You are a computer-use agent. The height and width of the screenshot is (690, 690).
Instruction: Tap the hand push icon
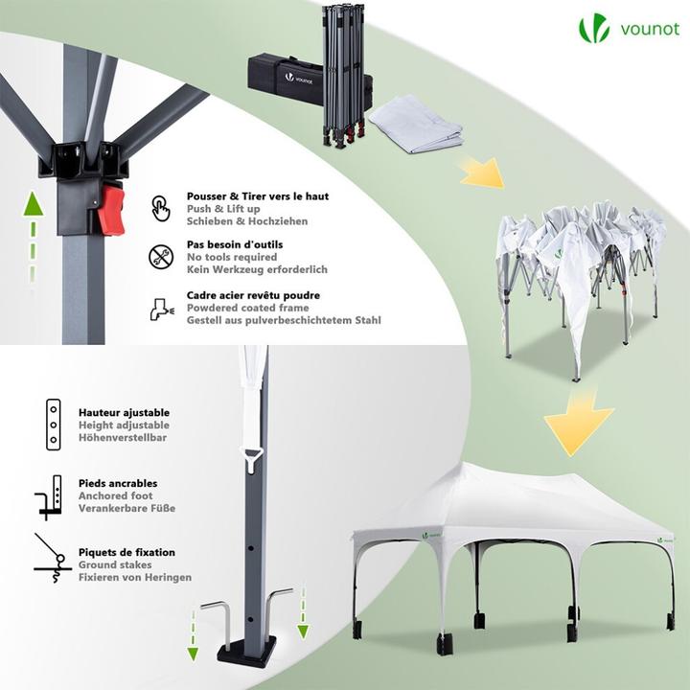click(x=160, y=208)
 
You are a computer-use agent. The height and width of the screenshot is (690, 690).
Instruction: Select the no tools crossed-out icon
click(x=160, y=257)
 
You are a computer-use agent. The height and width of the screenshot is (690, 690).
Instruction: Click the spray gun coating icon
click(x=160, y=308)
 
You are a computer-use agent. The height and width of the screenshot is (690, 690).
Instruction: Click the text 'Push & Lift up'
click(x=223, y=209)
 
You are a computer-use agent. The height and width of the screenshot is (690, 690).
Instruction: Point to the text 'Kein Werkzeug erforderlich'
click(x=257, y=270)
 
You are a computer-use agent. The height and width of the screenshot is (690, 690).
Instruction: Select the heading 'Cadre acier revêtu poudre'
click(x=253, y=295)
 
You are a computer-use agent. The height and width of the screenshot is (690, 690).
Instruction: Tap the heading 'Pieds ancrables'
click(x=118, y=484)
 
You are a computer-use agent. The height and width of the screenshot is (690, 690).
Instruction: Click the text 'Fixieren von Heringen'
click(x=135, y=578)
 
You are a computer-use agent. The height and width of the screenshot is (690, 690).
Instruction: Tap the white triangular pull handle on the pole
click(x=250, y=461)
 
